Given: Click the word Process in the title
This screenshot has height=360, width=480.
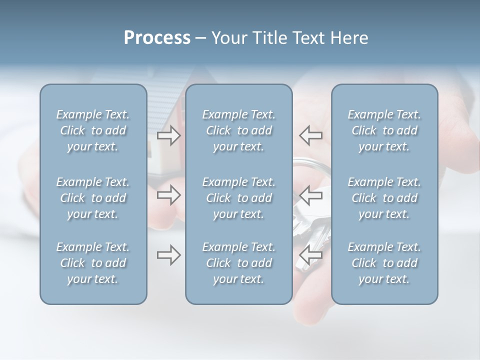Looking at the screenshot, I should point(157,38).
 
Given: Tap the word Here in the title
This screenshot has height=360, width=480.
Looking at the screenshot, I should point(349,38).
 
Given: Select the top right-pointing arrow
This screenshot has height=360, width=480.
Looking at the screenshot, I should point(168,135).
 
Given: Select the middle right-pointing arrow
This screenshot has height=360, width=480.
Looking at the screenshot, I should point(168,195).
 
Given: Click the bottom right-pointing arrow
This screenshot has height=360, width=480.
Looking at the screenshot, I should point(168,255).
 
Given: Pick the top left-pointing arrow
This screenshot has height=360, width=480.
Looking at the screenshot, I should point(310,135).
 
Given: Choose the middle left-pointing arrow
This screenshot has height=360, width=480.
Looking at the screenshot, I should point(310,195).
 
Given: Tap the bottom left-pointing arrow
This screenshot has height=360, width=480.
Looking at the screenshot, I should point(310,255).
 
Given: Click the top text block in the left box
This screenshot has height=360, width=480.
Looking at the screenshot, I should point(93,130).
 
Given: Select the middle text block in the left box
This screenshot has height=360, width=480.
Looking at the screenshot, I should point(93,198).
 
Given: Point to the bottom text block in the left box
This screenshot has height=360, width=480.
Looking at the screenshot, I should point(93,263).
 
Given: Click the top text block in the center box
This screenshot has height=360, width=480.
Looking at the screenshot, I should point(238,130).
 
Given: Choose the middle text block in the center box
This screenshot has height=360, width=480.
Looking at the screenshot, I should point(238,198).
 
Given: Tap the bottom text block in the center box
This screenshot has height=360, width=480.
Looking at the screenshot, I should point(238,263).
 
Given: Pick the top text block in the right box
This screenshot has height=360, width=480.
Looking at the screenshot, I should point(384,130).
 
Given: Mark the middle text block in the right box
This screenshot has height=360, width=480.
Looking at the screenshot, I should point(384,198).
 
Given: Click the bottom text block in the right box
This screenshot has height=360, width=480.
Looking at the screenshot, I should point(384,263).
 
